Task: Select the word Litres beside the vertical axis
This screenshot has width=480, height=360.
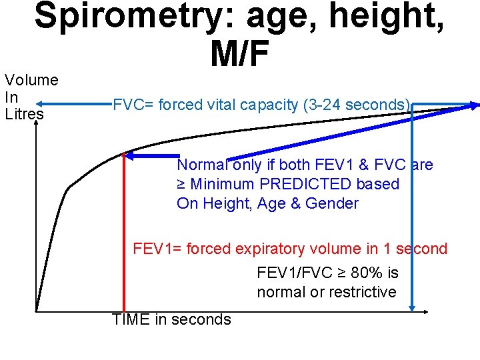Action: tap(24, 114)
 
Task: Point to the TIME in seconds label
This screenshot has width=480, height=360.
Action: tap(171, 319)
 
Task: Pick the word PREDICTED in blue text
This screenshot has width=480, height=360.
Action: tap(309, 184)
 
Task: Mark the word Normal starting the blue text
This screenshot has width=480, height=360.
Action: tap(201, 165)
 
